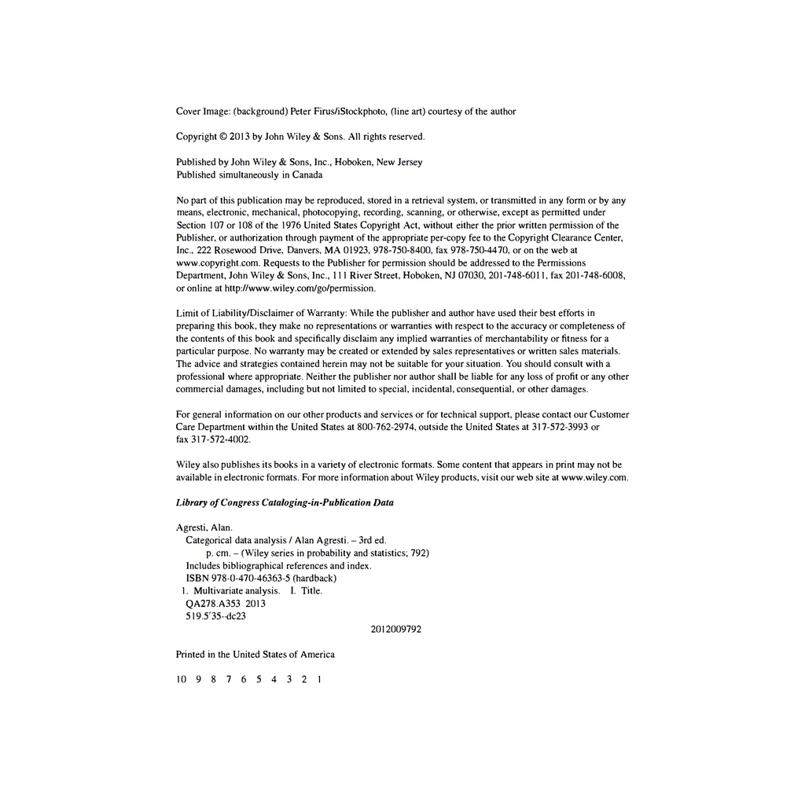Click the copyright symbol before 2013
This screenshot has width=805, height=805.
(223, 137)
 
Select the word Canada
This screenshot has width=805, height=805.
(307, 175)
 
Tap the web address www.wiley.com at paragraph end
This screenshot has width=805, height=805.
(594, 477)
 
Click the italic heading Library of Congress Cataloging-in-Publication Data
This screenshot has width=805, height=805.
(285, 502)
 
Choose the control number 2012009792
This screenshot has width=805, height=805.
(395, 629)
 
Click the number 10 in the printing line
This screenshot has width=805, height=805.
(181, 679)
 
